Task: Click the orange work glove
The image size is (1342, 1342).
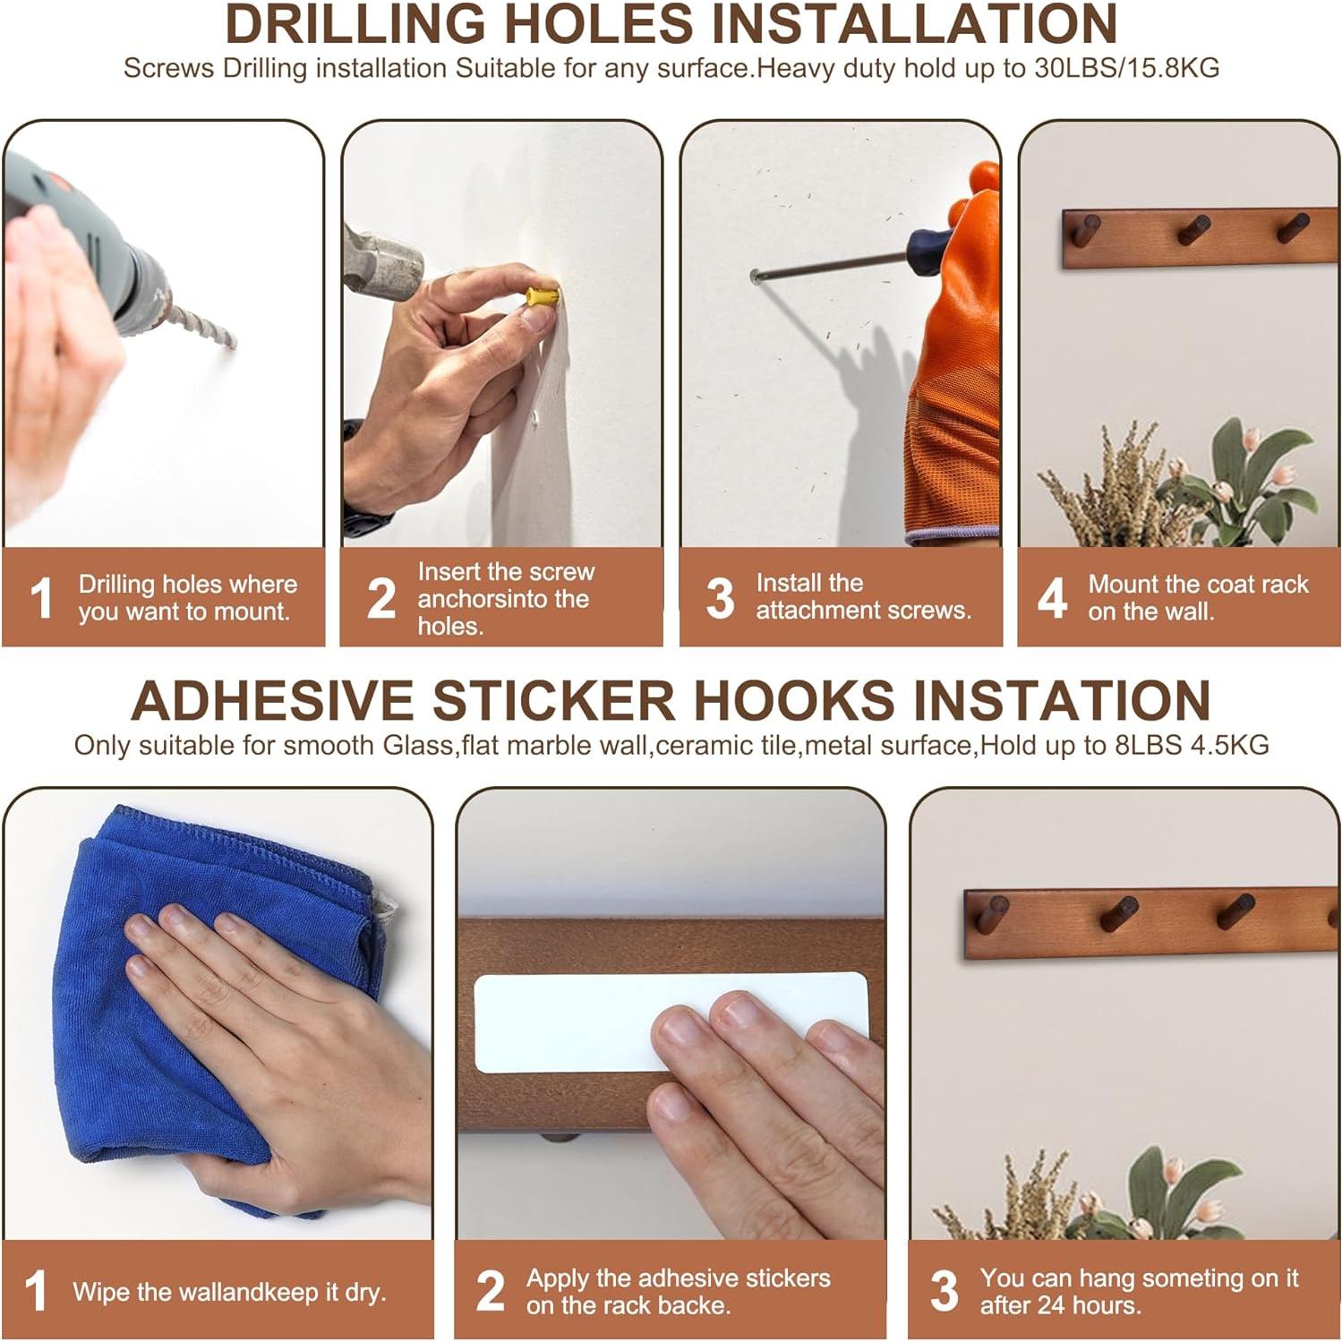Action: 958,358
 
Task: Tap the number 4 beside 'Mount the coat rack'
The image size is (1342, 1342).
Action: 1053,598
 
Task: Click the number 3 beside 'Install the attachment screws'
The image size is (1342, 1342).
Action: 720,598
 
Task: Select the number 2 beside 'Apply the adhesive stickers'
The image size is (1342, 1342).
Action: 491,1291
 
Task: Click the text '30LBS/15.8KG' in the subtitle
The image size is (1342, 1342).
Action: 1126,69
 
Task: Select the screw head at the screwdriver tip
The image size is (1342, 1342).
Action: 756,277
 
